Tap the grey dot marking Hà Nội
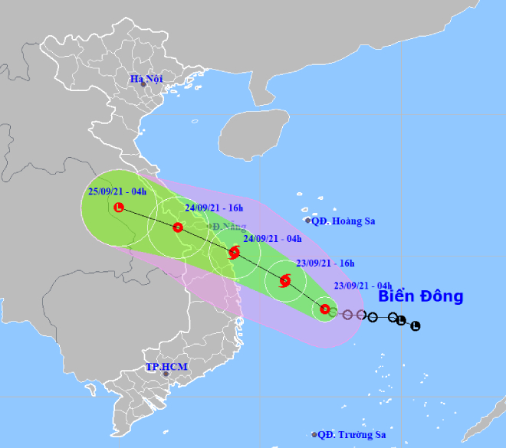pyautogui.click(x=143, y=84)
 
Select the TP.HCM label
pyautogui.click(x=166, y=368)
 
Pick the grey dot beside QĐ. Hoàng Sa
pyautogui.click(x=308, y=221)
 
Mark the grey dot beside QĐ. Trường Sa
pyautogui.click(x=314, y=434)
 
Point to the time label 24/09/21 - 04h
pyautogui.click(x=272, y=239)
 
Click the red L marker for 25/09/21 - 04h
pyautogui.click(x=119, y=208)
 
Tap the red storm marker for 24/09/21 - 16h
pyautogui.click(x=178, y=227)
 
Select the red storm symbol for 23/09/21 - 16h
pyautogui.click(x=284, y=281)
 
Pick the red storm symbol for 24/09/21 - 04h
pyautogui.click(x=234, y=251)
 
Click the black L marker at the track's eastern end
pyautogui.click(x=416, y=326)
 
